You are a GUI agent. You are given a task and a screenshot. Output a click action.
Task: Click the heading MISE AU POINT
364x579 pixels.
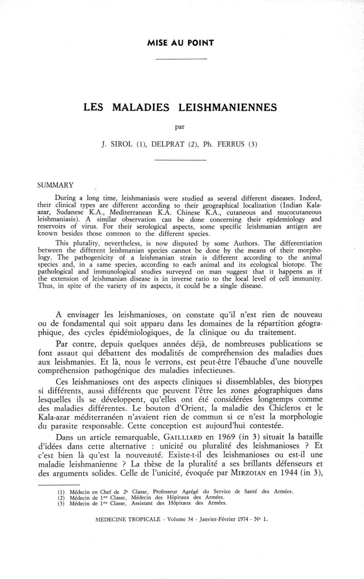[181, 43]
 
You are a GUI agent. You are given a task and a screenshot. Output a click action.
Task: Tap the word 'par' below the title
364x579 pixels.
[181, 128]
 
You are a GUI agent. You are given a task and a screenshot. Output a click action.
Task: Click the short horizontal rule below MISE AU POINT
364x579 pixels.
[181, 60]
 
